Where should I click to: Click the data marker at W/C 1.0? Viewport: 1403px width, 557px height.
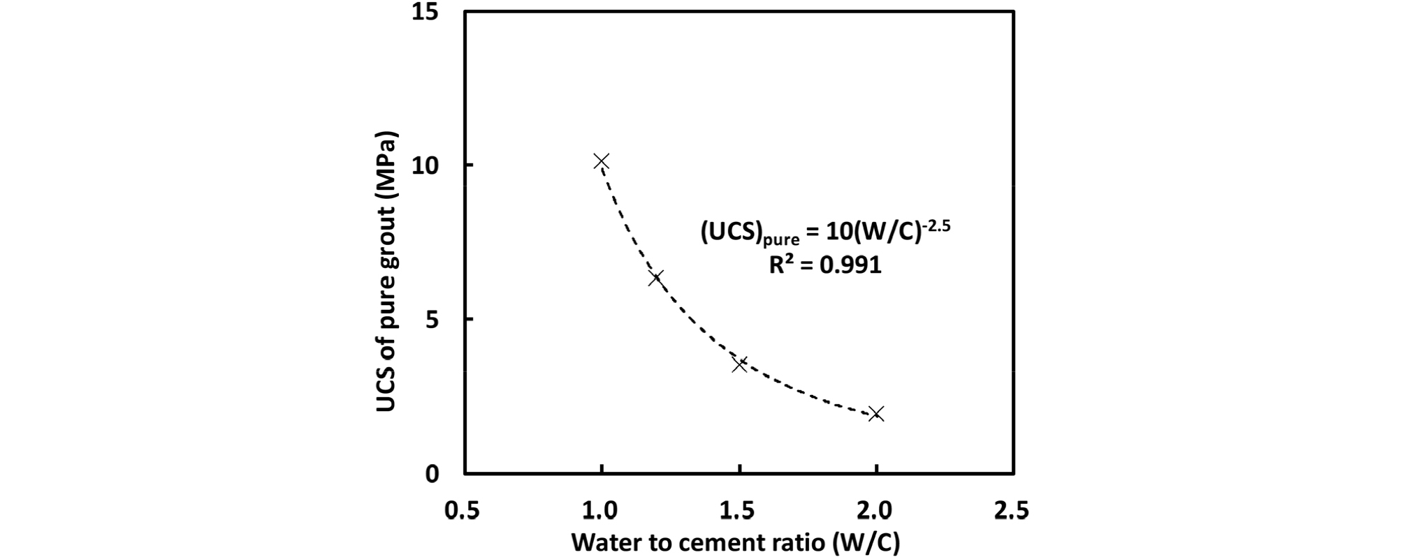click(x=601, y=162)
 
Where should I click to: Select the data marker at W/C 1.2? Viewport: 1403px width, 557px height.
click(x=655, y=278)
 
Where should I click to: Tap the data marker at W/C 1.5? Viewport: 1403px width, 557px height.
click(x=739, y=364)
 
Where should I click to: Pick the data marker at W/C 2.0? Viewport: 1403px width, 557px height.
click(x=875, y=414)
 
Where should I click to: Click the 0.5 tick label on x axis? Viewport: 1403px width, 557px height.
click(x=463, y=511)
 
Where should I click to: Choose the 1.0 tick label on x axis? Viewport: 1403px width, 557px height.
click(x=599, y=511)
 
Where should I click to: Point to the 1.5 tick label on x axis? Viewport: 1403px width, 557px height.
click(x=737, y=511)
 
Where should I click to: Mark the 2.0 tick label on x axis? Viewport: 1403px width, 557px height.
click(x=874, y=511)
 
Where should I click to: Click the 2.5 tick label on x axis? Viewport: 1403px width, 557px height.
click(x=1011, y=511)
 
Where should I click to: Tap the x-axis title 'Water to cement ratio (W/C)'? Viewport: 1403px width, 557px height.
click(x=736, y=542)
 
